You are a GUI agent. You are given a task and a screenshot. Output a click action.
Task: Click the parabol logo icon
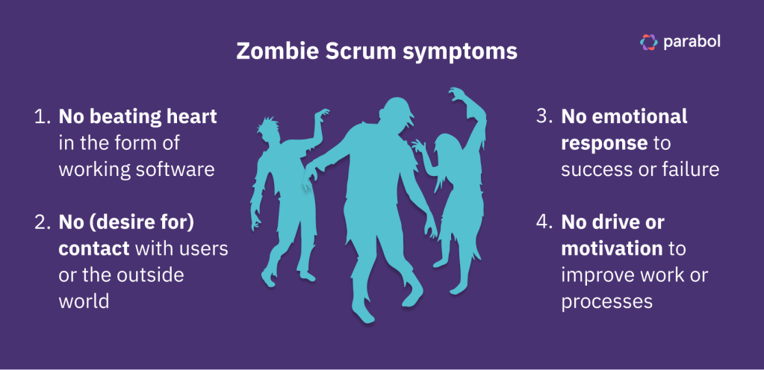pos(648,42)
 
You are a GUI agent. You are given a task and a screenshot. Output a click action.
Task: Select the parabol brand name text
pos(692,43)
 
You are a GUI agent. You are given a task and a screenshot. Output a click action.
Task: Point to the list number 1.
pos(41,117)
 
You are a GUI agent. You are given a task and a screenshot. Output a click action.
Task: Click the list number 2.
pos(41,222)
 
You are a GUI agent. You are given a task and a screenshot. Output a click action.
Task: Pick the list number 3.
pos(543,117)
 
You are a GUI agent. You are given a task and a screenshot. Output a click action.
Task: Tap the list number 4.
pos(543,222)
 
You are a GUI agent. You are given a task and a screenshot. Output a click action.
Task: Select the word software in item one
pos(175,170)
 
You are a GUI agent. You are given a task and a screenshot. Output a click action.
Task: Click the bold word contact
pos(94,248)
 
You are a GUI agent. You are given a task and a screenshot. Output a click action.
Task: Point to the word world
pos(84,301)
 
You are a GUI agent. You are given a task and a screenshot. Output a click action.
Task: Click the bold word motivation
pos(612,248)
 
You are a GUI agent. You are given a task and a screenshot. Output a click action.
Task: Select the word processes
pos(606,303)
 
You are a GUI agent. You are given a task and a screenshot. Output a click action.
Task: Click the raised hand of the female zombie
pos(457,94)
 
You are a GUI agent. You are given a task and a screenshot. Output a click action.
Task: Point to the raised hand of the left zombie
pos(322,115)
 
